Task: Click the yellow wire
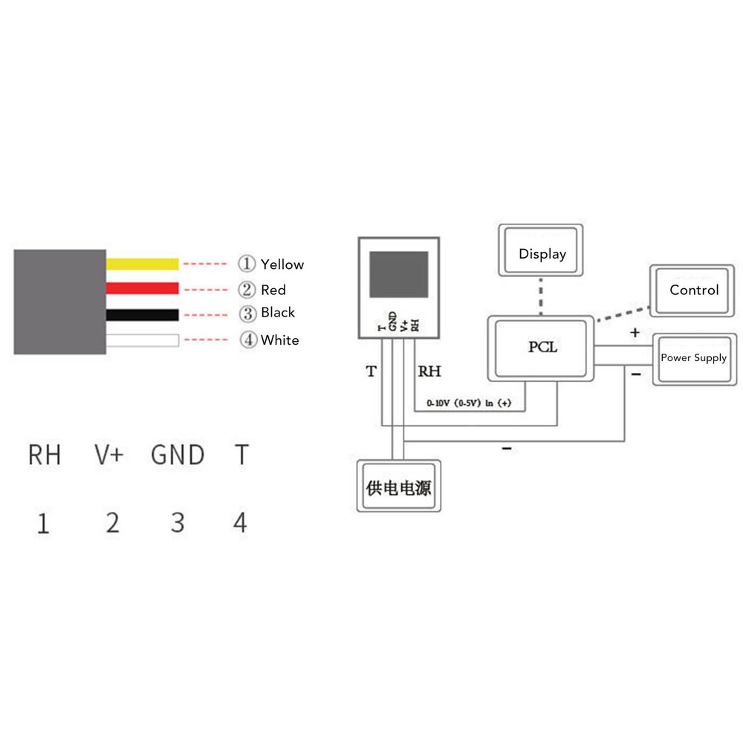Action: [143, 264]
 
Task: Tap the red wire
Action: [143, 288]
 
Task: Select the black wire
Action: [143, 314]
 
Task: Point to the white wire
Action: [143, 340]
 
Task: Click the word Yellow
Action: [282, 265]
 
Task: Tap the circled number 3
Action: [247, 313]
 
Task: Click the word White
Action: [280, 340]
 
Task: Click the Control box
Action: [694, 290]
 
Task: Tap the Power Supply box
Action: [694, 358]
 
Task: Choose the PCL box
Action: [541, 348]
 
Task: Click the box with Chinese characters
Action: [399, 488]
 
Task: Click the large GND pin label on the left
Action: [178, 455]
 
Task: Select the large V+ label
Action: [109, 455]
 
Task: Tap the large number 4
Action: [240, 522]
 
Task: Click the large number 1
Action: [44, 524]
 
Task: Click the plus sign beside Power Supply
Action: [635, 333]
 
